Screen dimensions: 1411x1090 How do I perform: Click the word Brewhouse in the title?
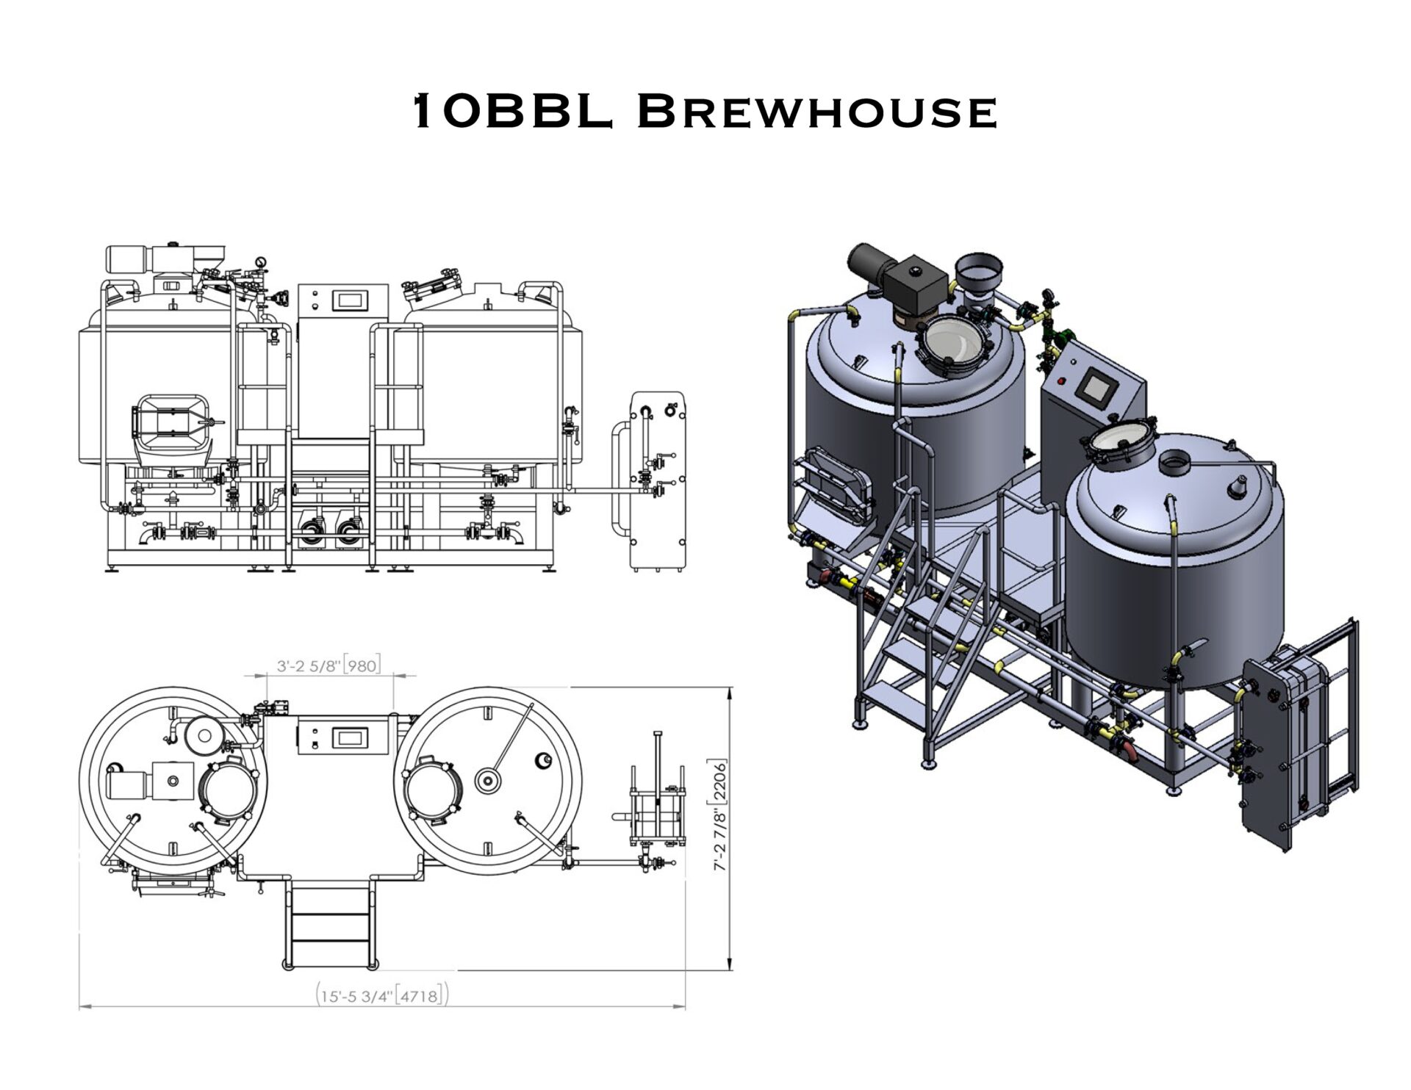pyautogui.click(x=817, y=112)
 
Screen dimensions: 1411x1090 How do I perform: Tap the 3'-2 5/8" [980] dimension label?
pyautogui.click(x=328, y=666)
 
